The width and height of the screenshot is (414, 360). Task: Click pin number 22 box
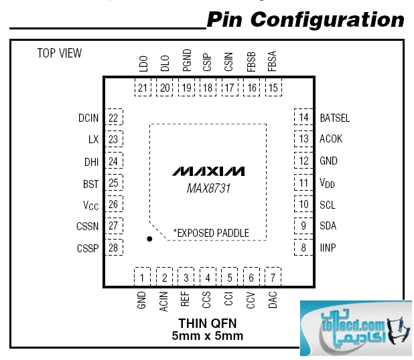tap(113, 118)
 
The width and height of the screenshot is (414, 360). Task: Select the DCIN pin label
tap(88, 118)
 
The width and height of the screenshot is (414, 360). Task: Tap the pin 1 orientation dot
tap(150, 238)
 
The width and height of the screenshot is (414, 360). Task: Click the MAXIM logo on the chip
tap(208, 171)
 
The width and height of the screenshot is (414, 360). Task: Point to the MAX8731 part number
tap(208, 189)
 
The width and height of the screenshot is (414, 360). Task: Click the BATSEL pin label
tap(335, 118)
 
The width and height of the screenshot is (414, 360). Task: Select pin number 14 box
tap(304, 118)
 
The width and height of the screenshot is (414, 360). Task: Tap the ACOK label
tap(331, 139)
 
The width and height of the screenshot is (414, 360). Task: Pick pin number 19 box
tap(186, 88)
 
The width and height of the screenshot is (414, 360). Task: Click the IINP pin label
tap(328, 248)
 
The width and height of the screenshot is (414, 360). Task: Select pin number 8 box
tap(304, 248)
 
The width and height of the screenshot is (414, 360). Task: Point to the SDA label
tap(328, 226)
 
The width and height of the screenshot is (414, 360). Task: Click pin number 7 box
tap(273, 277)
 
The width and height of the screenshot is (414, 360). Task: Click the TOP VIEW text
tap(59, 54)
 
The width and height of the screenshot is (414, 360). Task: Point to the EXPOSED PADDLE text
tap(211, 233)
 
